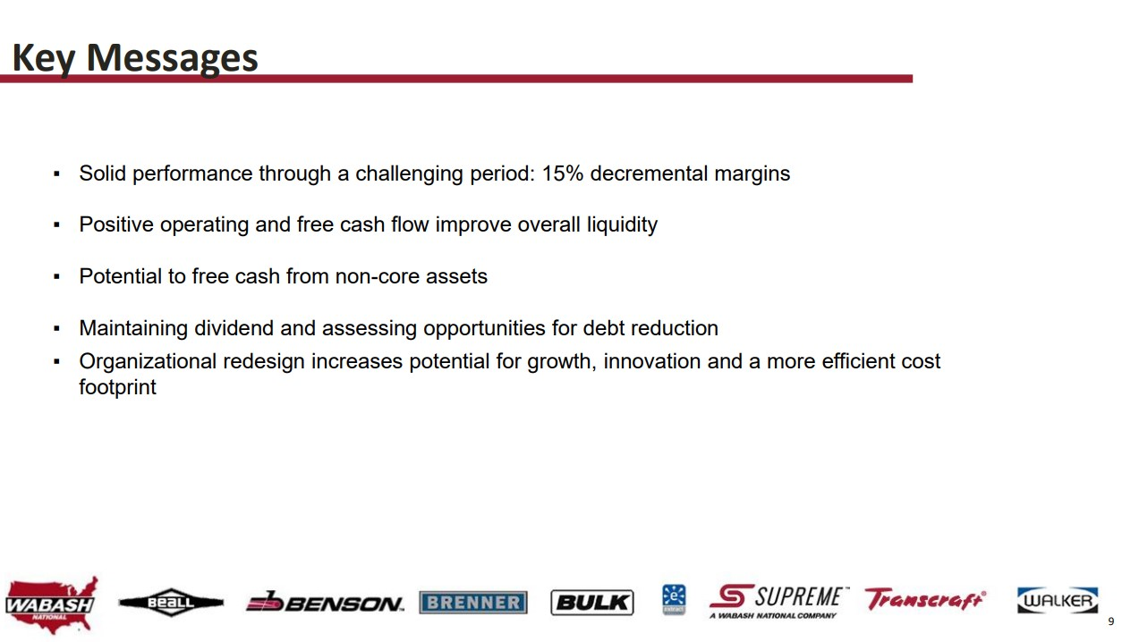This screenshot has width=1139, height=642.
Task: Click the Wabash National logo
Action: tap(51, 604)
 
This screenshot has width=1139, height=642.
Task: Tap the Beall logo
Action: tap(171, 603)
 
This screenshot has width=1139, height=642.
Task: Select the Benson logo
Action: tap(325, 603)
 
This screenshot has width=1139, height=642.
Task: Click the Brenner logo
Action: tap(473, 603)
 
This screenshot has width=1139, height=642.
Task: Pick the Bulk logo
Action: tap(592, 603)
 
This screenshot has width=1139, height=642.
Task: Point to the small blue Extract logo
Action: tap(674, 600)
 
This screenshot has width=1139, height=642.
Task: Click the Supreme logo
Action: tap(779, 602)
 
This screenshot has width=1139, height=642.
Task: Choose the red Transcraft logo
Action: tap(925, 599)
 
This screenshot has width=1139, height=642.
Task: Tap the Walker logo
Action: tap(1058, 600)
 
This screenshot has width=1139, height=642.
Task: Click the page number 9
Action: tap(1111, 621)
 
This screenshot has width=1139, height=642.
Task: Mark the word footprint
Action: tap(117, 387)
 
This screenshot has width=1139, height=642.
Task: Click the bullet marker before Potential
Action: tap(56, 277)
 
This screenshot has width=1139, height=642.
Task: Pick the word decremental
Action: tap(649, 173)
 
